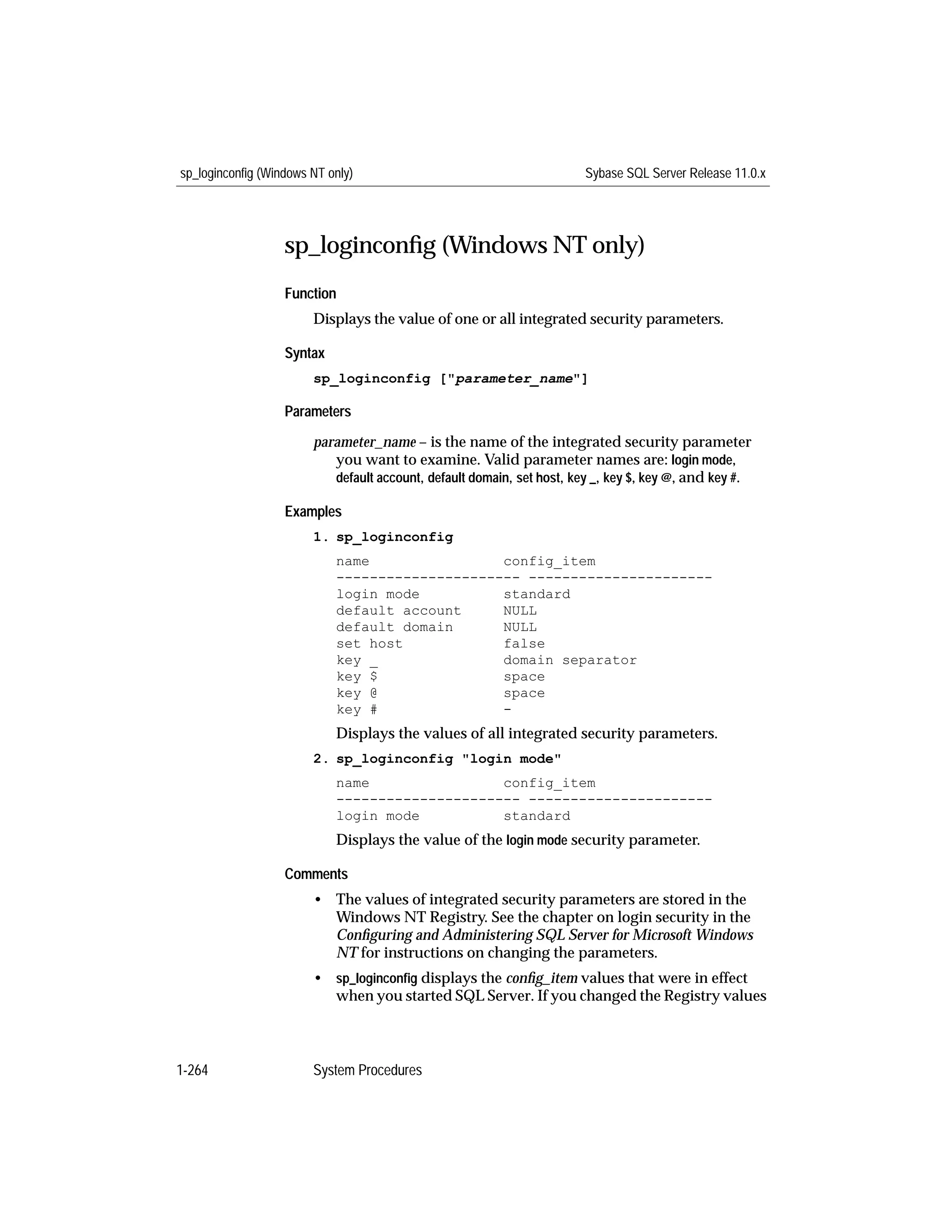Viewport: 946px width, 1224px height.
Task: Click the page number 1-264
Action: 192,1070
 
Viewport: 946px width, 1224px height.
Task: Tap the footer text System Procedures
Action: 367,1070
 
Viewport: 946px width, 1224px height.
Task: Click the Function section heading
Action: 310,294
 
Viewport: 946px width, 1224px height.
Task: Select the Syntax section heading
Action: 304,353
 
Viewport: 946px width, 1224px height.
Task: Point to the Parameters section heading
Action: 317,412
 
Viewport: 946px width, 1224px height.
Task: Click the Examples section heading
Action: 313,511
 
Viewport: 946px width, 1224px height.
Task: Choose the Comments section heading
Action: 315,874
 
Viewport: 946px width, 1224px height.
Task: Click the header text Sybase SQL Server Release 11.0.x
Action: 675,173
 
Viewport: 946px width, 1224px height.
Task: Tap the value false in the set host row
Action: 523,643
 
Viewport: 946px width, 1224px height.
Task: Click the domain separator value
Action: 570,660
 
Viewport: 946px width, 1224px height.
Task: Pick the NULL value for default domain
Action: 520,627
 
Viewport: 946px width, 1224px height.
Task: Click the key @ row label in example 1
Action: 357,693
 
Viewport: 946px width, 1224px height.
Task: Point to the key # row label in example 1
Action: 357,710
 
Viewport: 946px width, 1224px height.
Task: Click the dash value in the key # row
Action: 507,709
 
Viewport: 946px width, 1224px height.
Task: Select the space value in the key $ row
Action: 523,677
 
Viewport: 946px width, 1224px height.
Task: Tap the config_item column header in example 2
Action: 549,783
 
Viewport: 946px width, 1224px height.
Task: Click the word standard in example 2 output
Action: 536,816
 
